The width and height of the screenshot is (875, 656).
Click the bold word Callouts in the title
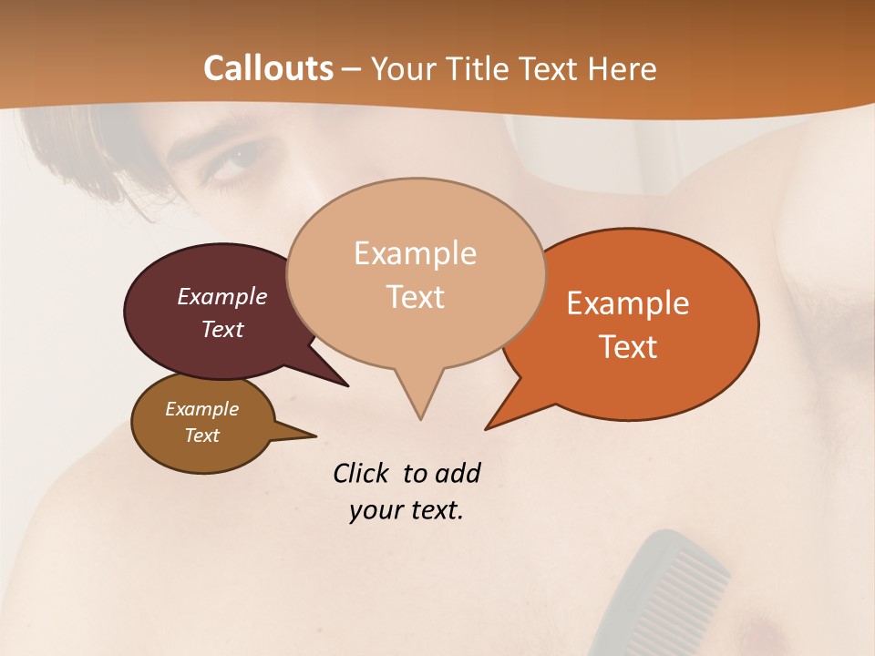pos(268,68)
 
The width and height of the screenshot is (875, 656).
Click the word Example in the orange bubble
pos(627,303)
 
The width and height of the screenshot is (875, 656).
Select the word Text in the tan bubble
pos(416,297)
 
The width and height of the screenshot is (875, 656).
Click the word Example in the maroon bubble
pos(222,296)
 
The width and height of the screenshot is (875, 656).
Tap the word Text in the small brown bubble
pos(202,436)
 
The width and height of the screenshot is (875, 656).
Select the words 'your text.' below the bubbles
pos(407,510)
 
